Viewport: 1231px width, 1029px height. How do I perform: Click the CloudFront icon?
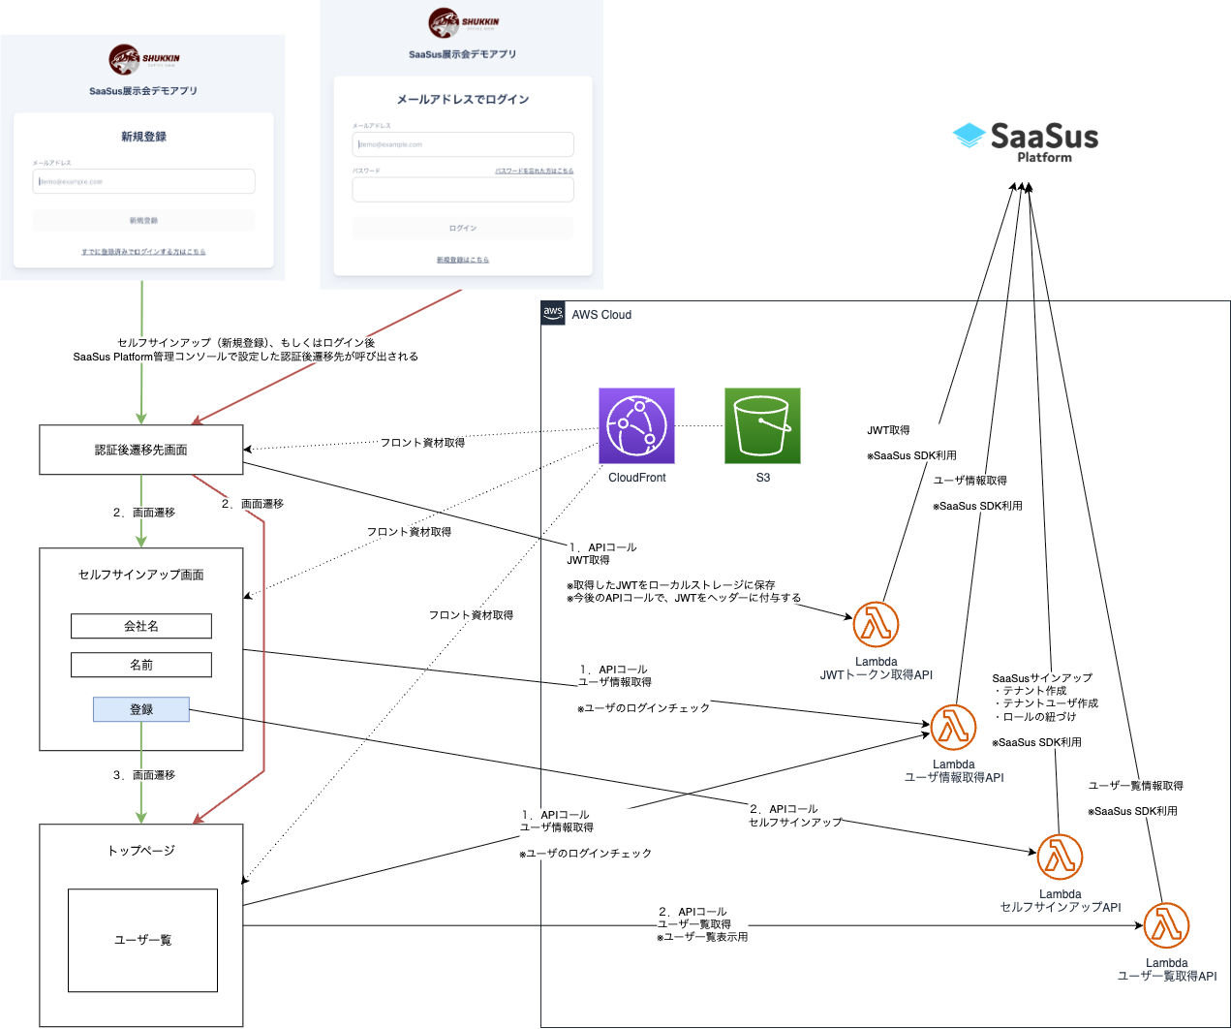pyautogui.click(x=636, y=425)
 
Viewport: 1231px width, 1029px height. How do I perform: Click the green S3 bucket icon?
pyautogui.click(x=762, y=425)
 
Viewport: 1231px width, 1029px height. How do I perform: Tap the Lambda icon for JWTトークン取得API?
pyautogui.click(x=876, y=624)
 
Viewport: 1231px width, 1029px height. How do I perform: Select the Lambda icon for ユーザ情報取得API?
pyautogui.click(x=953, y=728)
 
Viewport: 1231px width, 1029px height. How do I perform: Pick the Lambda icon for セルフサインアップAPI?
pyautogui.click(x=1060, y=857)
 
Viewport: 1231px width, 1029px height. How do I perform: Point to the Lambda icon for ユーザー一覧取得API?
pyautogui.click(x=1166, y=925)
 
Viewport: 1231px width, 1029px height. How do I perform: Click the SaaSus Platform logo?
pyautogui.click(x=1026, y=141)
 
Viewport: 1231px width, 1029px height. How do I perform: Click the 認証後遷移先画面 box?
pyautogui.click(x=141, y=450)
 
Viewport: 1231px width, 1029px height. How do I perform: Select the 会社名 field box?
pyautogui.click(x=141, y=626)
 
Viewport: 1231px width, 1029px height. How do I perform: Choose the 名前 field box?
pyautogui.click(x=141, y=665)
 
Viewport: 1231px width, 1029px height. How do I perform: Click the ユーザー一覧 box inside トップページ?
pyautogui.click(x=142, y=940)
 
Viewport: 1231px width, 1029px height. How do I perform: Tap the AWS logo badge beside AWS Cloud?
pyautogui.click(x=553, y=313)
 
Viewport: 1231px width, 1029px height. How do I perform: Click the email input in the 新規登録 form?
pyautogui.click(x=143, y=181)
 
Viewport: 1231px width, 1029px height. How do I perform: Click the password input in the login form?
pyautogui.click(x=463, y=189)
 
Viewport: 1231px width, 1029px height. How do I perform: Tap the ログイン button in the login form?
pyautogui.click(x=463, y=229)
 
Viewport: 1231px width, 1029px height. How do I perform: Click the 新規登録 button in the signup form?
pyautogui.click(x=143, y=221)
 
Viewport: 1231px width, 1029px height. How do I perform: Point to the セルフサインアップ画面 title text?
pyautogui.click(x=141, y=575)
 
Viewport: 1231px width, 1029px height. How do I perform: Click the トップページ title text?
pyautogui.click(x=141, y=851)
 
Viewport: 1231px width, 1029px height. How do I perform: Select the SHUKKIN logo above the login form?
pyautogui.click(x=463, y=22)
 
